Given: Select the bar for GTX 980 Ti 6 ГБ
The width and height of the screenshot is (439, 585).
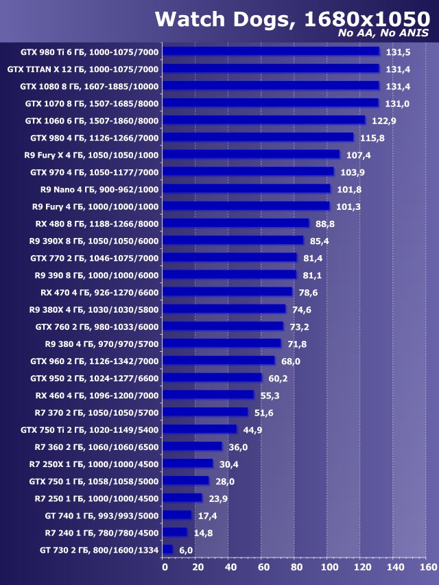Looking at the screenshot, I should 272,51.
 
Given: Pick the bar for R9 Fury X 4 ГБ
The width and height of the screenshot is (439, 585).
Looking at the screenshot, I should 252,154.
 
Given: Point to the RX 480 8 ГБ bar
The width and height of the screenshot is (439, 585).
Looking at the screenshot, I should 237,223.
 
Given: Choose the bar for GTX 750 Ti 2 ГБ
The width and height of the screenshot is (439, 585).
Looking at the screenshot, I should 200,429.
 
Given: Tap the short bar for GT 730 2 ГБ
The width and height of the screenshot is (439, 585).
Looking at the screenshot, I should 168,549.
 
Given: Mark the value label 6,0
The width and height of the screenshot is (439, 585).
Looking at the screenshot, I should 187,550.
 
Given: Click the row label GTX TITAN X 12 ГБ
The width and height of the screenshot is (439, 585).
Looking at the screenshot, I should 83,69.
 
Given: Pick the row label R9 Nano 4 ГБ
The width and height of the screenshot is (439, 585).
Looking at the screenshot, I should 99,189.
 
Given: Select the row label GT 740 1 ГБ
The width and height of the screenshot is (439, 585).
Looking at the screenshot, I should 102,515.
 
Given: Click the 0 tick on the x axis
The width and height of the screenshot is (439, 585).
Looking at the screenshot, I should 165,567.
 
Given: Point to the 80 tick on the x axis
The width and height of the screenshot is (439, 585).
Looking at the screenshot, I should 296,567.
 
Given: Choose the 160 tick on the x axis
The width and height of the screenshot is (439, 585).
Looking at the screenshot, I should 427,567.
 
